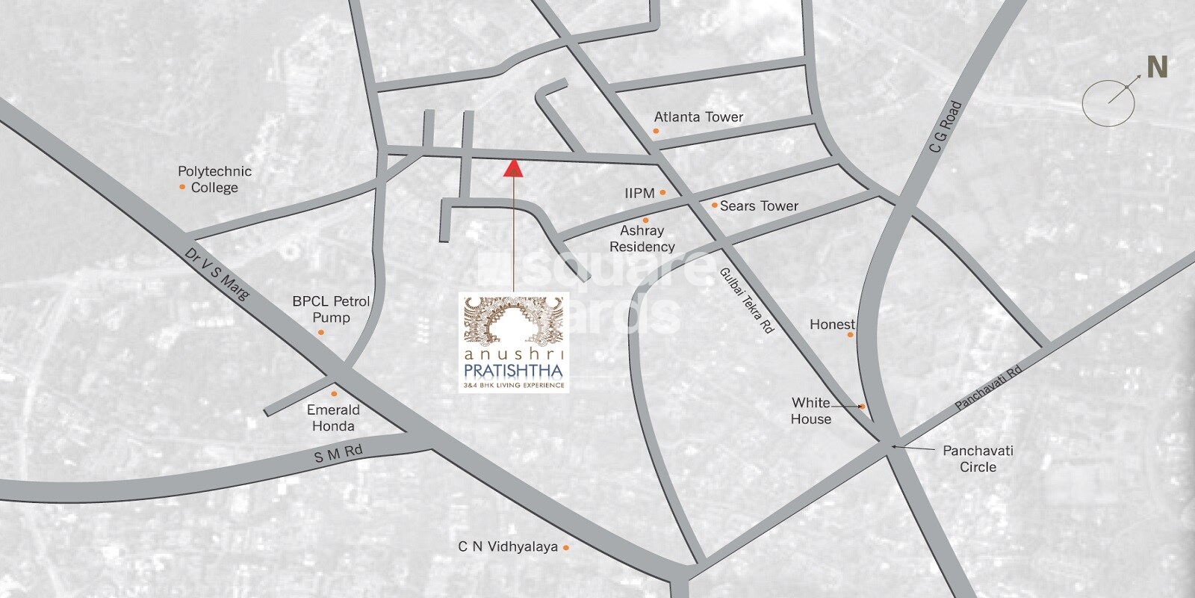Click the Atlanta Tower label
698,117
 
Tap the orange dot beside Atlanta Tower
656,131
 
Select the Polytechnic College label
214,179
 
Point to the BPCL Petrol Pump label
331,309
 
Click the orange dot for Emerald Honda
334,393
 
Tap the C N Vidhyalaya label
508,546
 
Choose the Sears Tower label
759,206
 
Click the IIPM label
639,193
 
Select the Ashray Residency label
642,239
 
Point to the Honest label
832,324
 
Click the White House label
811,411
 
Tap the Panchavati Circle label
978,459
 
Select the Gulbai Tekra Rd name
747,299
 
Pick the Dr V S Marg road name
220,273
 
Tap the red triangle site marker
513,168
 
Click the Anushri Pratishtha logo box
514,342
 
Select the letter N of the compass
1157,68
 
